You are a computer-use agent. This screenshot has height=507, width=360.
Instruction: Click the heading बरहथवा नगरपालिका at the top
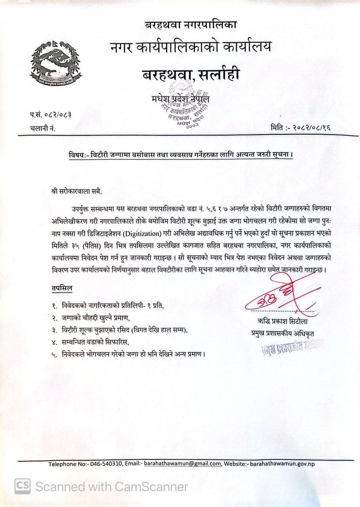tap(191, 25)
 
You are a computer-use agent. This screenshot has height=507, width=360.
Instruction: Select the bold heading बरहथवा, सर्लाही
tap(191, 74)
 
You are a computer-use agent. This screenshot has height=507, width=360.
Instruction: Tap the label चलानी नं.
tap(42, 128)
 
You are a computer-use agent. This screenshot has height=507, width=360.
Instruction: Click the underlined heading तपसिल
tap(62, 288)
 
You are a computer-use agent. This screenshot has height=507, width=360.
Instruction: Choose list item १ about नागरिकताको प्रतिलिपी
tap(107, 306)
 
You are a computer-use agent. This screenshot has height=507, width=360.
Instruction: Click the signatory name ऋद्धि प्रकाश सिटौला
tap(281, 321)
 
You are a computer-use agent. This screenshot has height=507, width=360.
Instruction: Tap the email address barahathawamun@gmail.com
tap(182, 464)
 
